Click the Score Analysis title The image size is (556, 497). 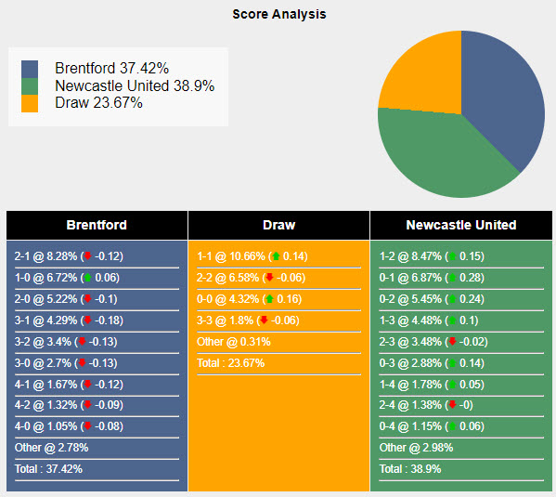(x=278, y=15)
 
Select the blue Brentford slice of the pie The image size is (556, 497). (x=506, y=102)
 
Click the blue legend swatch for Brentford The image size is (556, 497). (x=30, y=69)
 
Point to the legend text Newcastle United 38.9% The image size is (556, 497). (x=135, y=85)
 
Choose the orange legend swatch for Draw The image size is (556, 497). (x=30, y=103)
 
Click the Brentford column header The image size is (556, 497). (x=97, y=225)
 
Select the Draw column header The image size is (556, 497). (x=278, y=225)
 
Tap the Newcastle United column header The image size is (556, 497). (x=460, y=225)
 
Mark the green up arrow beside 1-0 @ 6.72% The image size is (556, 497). (x=87, y=278)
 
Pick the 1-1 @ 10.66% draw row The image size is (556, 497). (x=252, y=256)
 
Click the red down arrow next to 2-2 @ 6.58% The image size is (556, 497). (x=269, y=278)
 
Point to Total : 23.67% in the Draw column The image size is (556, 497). (x=230, y=363)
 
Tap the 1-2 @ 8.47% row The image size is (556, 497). (x=433, y=256)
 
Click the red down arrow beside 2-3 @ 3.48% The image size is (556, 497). (x=452, y=342)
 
